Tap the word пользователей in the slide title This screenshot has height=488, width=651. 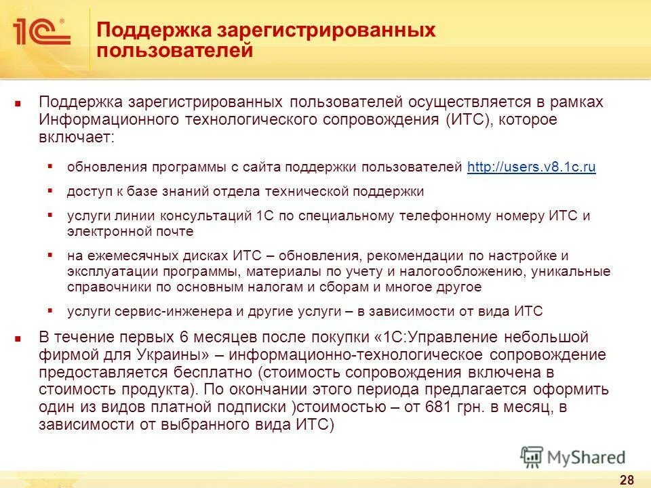click(x=176, y=51)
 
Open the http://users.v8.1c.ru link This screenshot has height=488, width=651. click(x=532, y=167)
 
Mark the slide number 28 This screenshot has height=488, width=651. click(x=627, y=480)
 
